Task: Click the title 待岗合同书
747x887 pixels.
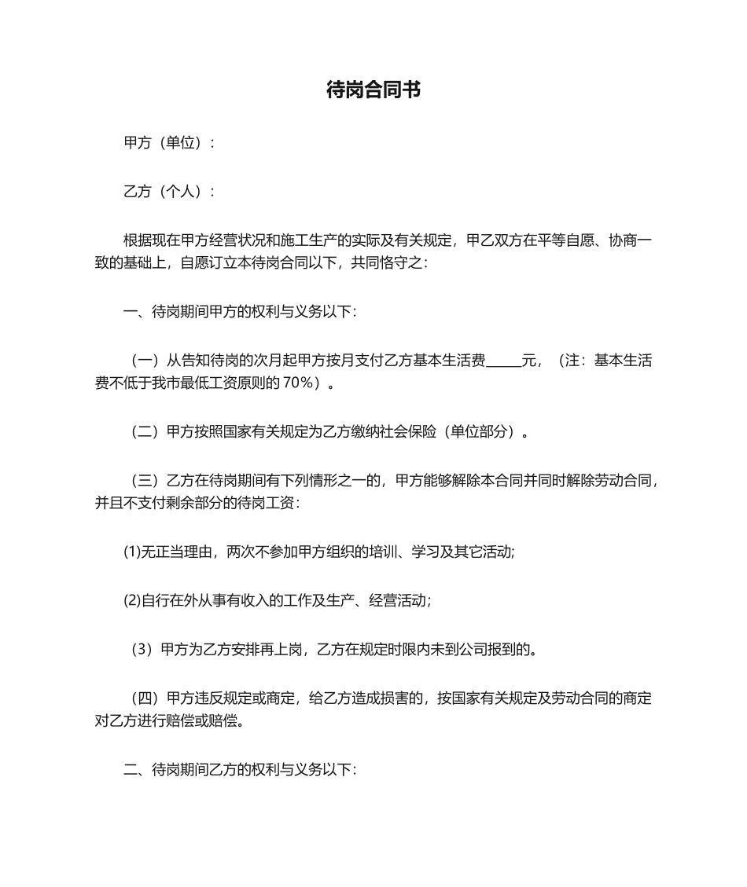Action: point(373,90)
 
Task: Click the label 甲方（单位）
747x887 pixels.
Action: point(165,143)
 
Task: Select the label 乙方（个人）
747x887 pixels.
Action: point(165,192)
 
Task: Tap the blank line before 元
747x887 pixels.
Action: point(504,361)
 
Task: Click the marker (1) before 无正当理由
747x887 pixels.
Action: point(132,552)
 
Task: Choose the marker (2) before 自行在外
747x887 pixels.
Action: point(132,601)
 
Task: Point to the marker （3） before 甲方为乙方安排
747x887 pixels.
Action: point(142,650)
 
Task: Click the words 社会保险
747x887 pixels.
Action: point(409,431)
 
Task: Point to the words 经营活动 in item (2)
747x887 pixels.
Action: point(400,601)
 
